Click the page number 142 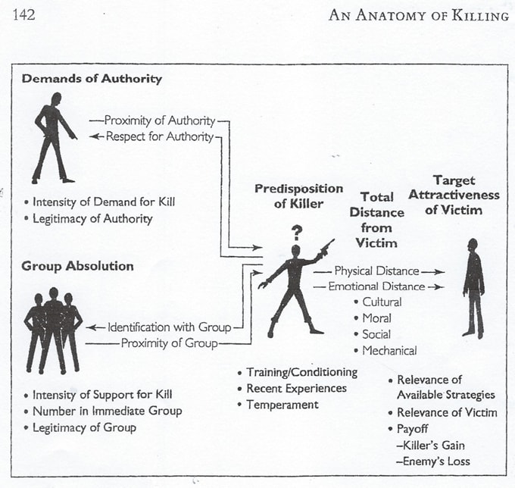click(x=24, y=14)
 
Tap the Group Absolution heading click(x=77, y=266)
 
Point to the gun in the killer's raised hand click(x=326, y=248)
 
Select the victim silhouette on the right click(x=474, y=287)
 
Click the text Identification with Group click(x=169, y=327)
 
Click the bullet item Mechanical click(x=389, y=350)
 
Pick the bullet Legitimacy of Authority click(x=92, y=219)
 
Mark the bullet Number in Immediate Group click(x=107, y=411)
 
